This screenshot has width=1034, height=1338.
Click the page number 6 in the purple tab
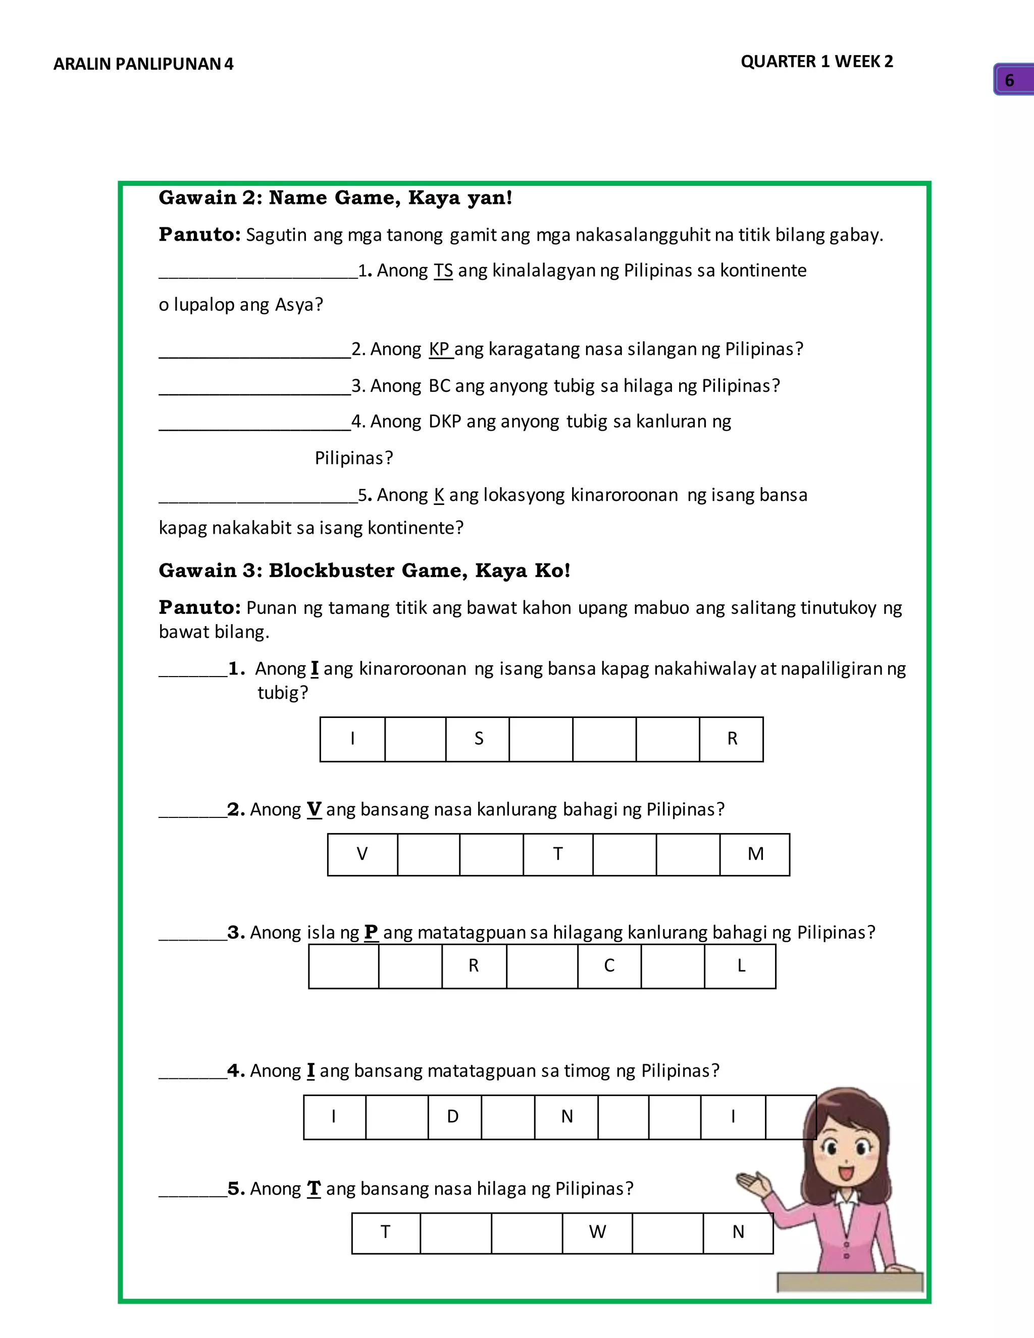[x=1009, y=80]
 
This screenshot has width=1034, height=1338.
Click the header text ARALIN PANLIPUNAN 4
[x=143, y=64]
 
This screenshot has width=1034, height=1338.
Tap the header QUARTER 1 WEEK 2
[x=816, y=61]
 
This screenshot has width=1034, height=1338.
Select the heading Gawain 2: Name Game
[x=335, y=198]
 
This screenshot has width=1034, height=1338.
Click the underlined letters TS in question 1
[x=443, y=270]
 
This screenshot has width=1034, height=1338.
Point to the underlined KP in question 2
[x=439, y=348]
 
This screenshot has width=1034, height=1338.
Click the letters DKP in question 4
[x=444, y=422]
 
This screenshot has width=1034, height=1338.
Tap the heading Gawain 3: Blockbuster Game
[x=364, y=571]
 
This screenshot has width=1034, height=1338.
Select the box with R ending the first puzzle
[x=732, y=739]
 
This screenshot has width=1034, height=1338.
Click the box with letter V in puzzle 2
[x=362, y=854]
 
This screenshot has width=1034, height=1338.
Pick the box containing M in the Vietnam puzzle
[x=755, y=854]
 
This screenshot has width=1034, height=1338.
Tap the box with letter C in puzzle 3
[x=609, y=966]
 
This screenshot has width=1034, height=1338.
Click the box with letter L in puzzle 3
[x=740, y=966]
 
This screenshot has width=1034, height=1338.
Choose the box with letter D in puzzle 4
[x=453, y=1117]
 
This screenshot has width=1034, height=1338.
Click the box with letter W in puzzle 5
[x=597, y=1232]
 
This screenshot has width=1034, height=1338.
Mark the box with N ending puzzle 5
[x=738, y=1232]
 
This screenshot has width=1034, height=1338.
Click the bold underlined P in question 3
[x=371, y=932]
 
